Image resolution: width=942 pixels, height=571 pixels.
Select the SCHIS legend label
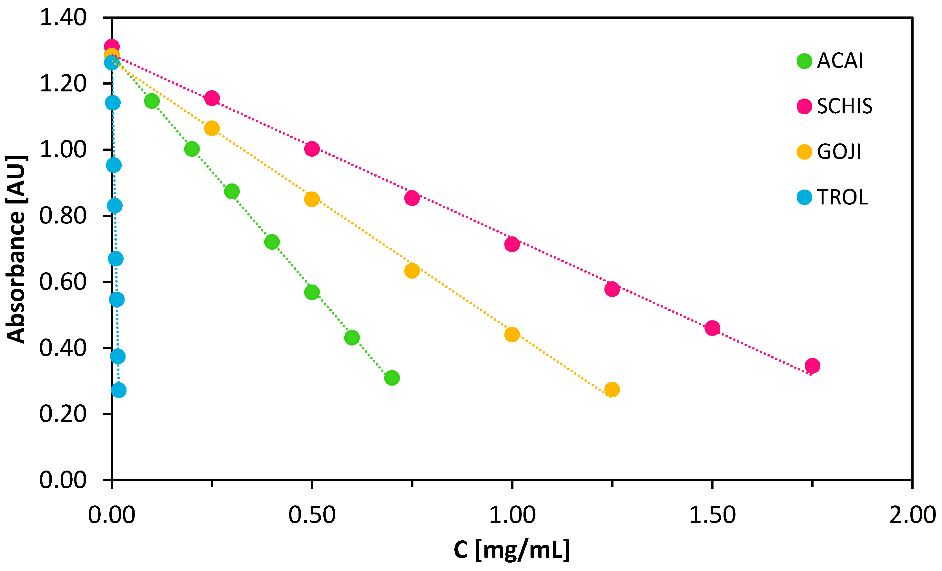pyautogui.click(x=845, y=106)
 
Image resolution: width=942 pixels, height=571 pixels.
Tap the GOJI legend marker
pyautogui.click(x=805, y=152)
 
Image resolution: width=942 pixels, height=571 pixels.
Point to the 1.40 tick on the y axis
pyautogui.click(x=63, y=18)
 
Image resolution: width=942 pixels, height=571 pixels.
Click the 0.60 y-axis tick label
pyautogui.click(x=63, y=282)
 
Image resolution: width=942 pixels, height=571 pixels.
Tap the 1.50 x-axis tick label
pyautogui.click(x=712, y=515)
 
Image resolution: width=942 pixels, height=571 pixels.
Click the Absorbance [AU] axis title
pyautogui.click(x=16, y=249)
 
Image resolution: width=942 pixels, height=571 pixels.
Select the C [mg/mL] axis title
pyautogui.click(x=512, y=550)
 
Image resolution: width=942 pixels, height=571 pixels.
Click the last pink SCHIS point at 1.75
pyautogui.click(x=812, y=366)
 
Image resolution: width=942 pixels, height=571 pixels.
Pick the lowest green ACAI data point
pyautogui.click(x=392, y=378)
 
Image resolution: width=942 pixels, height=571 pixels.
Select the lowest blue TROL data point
pyautogui.click(x=118, y=390)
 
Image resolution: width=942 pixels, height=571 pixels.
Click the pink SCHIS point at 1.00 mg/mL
pyautogui.click(x=512, y=244)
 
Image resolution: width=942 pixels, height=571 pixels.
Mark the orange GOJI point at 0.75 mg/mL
pyautogui.click(x=412, y=271)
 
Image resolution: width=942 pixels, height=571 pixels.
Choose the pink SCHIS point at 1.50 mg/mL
pyautogui.click(x=712, y=328)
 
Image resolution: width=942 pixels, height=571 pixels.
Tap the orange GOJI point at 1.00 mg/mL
pyautogui.click(x=512, y=335)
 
